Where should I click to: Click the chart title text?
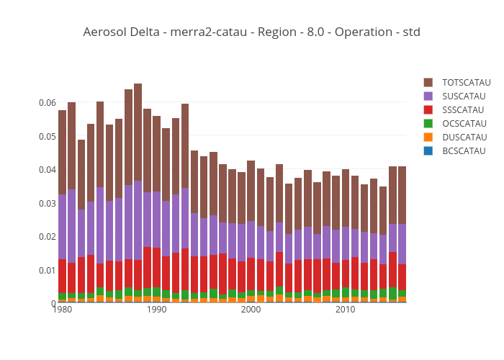251,32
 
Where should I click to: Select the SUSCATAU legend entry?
463,96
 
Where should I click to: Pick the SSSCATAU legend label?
463,109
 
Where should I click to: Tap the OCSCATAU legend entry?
463,123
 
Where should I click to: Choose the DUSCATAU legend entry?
463,137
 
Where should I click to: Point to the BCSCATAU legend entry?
463,150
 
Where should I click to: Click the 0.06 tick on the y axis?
47,103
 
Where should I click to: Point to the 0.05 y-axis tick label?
47,136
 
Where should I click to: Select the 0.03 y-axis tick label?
47,204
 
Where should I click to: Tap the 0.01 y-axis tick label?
47,271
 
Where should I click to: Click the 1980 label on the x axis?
63,310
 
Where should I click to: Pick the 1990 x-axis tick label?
157,310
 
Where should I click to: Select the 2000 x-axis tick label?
251,310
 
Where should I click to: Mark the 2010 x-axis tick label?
345,310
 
